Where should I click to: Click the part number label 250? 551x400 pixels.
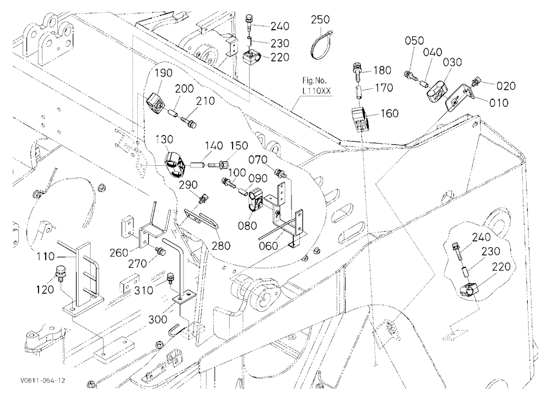(x=320, y=19)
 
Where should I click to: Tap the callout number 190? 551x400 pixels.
(x=164, y=73)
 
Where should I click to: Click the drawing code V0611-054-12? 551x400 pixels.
(x=42, y=381)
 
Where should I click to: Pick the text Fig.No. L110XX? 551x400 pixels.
(x=317, y=85)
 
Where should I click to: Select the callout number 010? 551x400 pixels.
(x=499, y=102)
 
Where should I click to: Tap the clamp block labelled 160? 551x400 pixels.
(x=360, y=120)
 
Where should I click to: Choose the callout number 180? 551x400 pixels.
(x=382, y=71)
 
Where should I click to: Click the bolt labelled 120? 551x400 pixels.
(x=60, y=274)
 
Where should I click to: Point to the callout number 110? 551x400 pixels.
(x=46, y=257)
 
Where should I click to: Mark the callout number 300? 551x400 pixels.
(x=158, y=320)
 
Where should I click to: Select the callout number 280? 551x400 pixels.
(x=221, y=245)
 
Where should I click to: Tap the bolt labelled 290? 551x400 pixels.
(x=203, y=198)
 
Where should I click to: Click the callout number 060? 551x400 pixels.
(x=268, y=245)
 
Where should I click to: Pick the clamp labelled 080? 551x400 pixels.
(x=256, y=200)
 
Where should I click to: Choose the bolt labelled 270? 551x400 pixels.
(x=161, y=251)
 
